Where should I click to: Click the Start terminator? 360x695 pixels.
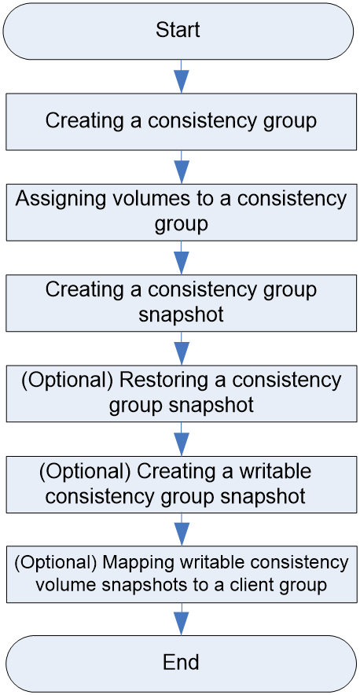179,31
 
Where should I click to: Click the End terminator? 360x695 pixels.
180,664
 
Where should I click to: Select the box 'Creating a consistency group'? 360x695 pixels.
181,121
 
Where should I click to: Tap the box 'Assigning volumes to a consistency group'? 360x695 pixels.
181,212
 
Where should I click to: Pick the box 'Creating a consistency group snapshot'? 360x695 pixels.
181,303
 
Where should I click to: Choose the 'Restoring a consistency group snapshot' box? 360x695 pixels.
181,393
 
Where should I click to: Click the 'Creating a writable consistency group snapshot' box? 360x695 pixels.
181,484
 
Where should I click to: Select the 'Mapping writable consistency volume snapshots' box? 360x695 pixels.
181,575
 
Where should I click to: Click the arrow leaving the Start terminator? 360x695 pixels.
181,76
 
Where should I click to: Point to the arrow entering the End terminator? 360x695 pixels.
181,620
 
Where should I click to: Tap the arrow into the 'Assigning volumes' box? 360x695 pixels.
181,167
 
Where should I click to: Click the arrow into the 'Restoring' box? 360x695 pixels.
181,348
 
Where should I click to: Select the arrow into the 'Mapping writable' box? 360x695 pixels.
181,530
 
